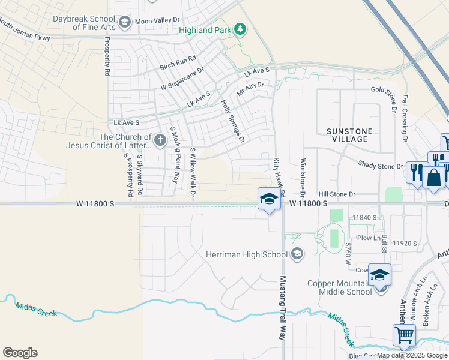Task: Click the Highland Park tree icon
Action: (x=240, y=29)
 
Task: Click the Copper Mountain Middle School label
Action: (x=340, y=287)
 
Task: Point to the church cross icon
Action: (x=160, y=140)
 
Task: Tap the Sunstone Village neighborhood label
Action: (x=349, y=135)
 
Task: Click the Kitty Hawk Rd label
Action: (x=277, y=170)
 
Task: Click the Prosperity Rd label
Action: (x=107, y=57)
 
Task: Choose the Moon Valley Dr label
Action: (x=157, y=20)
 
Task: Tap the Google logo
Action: (x=20, y=353)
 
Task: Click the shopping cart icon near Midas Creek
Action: (x=405, y=335)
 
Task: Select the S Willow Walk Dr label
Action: (x=193, y=172)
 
